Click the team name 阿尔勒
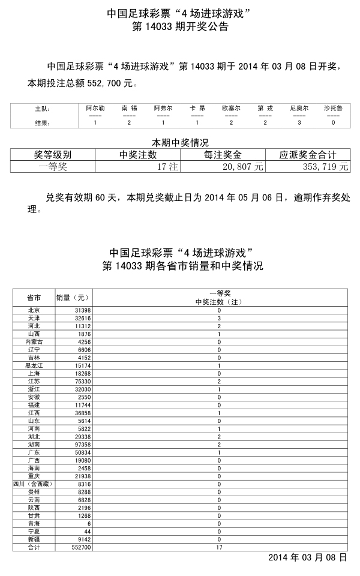95,108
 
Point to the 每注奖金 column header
223,154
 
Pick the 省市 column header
34,298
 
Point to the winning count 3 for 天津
219,318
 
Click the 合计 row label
34,548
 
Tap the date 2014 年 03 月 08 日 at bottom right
307,557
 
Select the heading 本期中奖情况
179,143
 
